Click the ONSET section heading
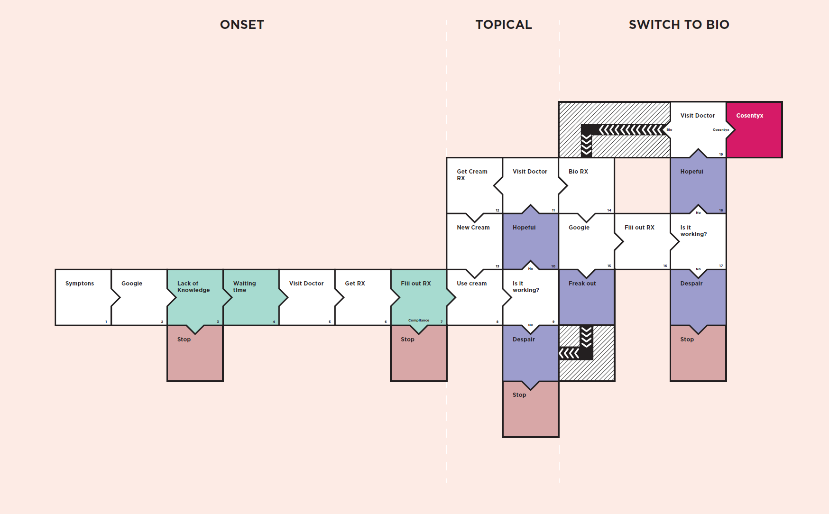pos(242,25)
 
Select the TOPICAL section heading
pos(504,25)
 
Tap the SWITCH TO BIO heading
pos(679,25)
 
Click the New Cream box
pos(474,241)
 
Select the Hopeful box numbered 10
pos(530,241)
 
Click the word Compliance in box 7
pos(418,321)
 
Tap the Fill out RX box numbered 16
pos(642,241)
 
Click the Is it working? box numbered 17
pos(698,241)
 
